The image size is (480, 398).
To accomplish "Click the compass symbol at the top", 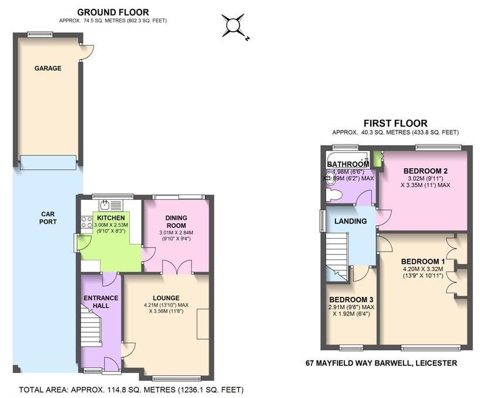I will [x=234, y=25].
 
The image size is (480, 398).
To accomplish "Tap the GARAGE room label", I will [x=48, y=68].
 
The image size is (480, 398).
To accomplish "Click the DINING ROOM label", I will [x=176, y=222].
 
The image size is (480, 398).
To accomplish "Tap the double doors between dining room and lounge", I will [x=177, y=267].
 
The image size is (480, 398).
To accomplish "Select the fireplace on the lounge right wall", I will [x=203, y=323].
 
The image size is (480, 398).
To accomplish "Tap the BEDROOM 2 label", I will [x=422, y=171].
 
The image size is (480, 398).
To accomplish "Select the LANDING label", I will [x=351, y=221].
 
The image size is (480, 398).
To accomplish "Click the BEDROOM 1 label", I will [x=422, y=262].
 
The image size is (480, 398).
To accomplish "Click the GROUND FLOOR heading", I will [x=113, y=12].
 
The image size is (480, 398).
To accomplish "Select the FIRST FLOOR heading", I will [x=395, y=123].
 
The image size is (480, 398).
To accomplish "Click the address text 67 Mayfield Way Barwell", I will [x=381, y=363].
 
